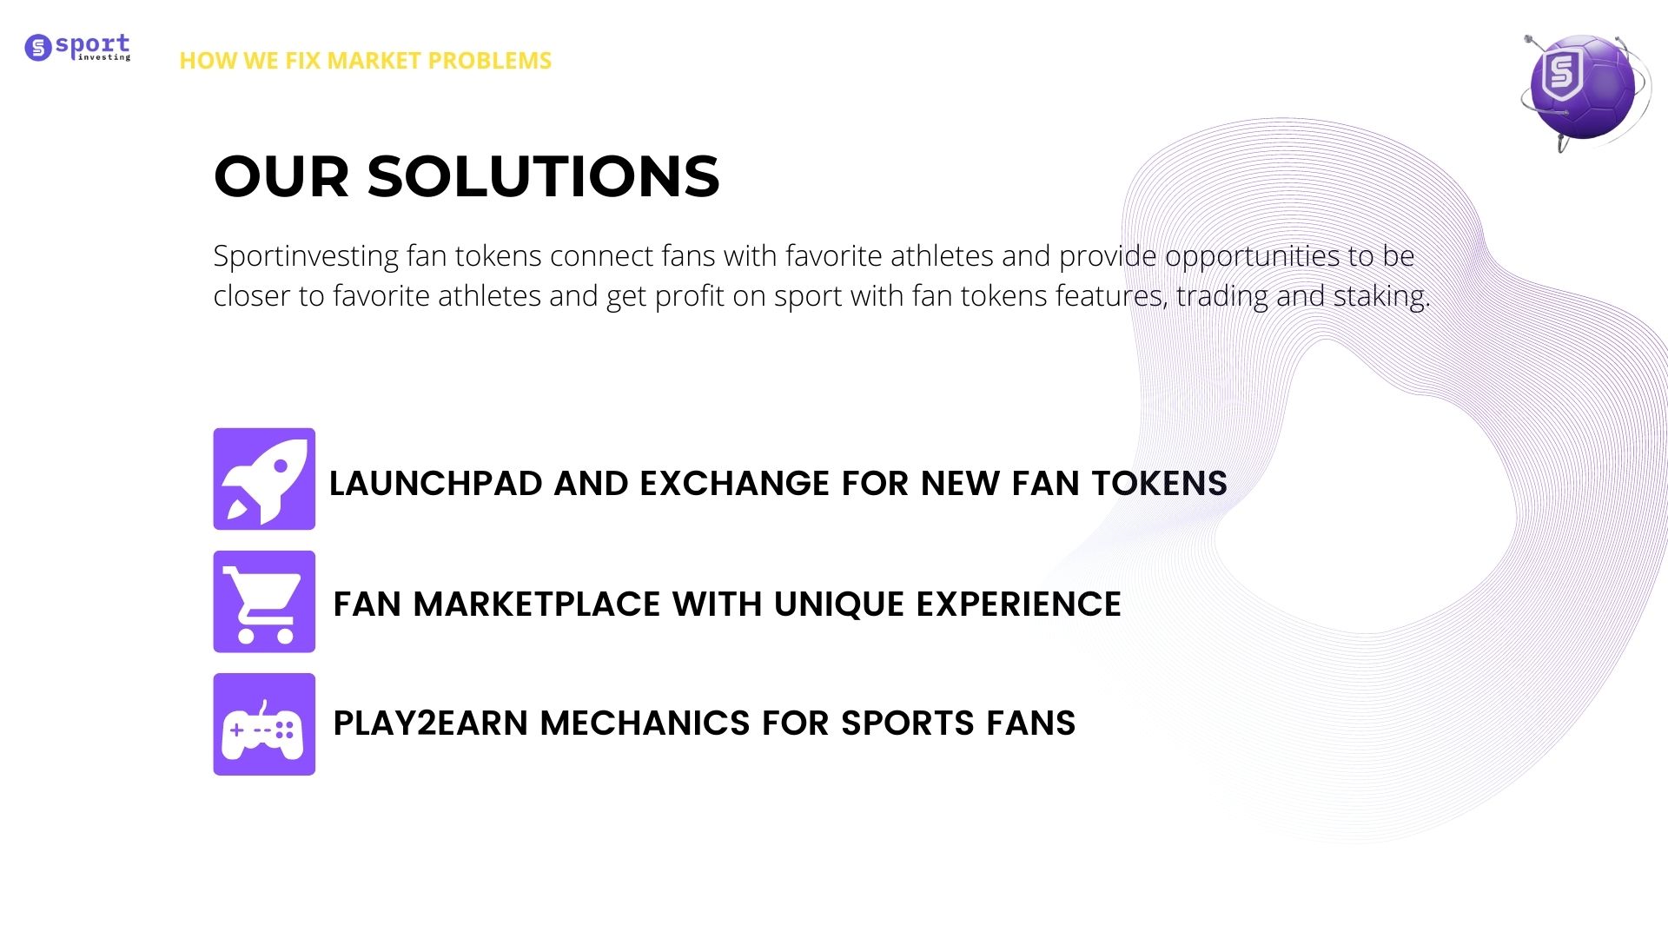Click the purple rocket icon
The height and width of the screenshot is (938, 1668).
click(x=264, y=479)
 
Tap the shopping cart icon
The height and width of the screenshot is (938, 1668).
click(x=264, y=601)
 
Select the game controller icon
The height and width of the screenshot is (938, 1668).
click(x=264, y=724)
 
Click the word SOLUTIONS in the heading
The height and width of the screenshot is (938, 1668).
click(x=544, y=176)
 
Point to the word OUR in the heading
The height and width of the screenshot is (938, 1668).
click(x=281, y=176)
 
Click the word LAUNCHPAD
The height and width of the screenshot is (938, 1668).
click(x=436, y=484)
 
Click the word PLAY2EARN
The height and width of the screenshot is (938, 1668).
click(x=431, y=723)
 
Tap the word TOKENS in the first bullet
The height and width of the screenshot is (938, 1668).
click(x=1160, y=484)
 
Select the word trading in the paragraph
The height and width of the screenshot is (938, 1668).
click(x=1222, y=297)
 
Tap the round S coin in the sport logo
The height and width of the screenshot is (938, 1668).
click(x=38, y=48)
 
